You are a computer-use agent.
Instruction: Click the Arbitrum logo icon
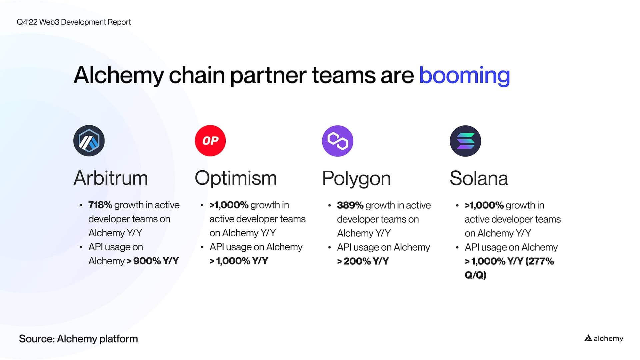89,141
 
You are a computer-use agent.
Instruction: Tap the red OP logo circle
210,141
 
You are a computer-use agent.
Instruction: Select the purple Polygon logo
338,141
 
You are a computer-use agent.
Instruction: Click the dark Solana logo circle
465,141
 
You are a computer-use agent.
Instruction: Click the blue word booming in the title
464,75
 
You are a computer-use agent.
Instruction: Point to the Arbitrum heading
111,178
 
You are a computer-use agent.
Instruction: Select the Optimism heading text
236,178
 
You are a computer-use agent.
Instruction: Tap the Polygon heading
356,179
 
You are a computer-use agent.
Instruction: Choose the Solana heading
479,178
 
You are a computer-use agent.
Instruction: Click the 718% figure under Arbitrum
100,205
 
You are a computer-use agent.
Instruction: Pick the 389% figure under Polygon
350,205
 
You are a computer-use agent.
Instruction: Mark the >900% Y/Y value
153,261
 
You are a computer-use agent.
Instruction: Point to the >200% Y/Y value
363,261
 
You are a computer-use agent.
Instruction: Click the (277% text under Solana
540,261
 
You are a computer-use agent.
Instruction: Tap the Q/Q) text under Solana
475,275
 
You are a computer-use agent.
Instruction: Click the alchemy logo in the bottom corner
604,338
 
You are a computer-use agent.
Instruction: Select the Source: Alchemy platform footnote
78,339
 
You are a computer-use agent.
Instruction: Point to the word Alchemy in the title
119,75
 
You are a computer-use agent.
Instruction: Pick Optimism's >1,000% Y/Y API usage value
239,261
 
